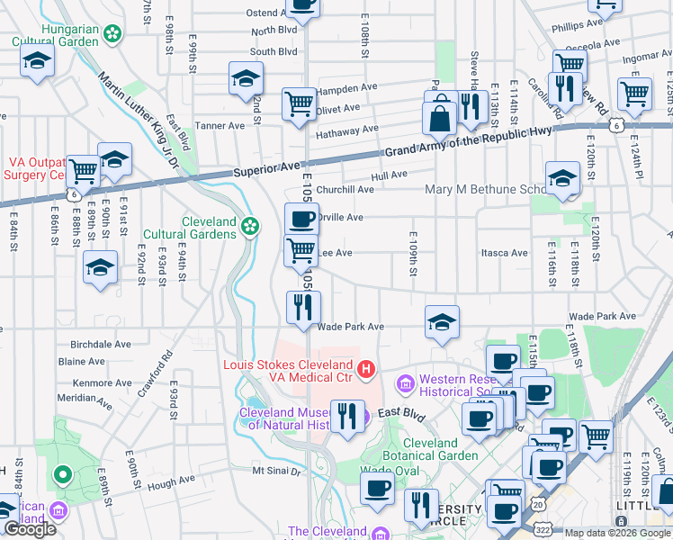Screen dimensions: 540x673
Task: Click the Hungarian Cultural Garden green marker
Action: (x=112, y=34)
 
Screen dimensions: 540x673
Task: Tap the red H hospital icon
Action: (x=365, y=368)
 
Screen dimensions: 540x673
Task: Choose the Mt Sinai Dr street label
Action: (x=274, y=470)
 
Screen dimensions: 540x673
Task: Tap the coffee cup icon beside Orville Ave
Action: (x=301, y=219)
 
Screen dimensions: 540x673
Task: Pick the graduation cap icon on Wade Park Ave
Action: (x=442, y=322)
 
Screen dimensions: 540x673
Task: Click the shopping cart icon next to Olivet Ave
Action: (x=299, y=103)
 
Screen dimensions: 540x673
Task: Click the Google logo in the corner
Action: (x=30, y=529)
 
